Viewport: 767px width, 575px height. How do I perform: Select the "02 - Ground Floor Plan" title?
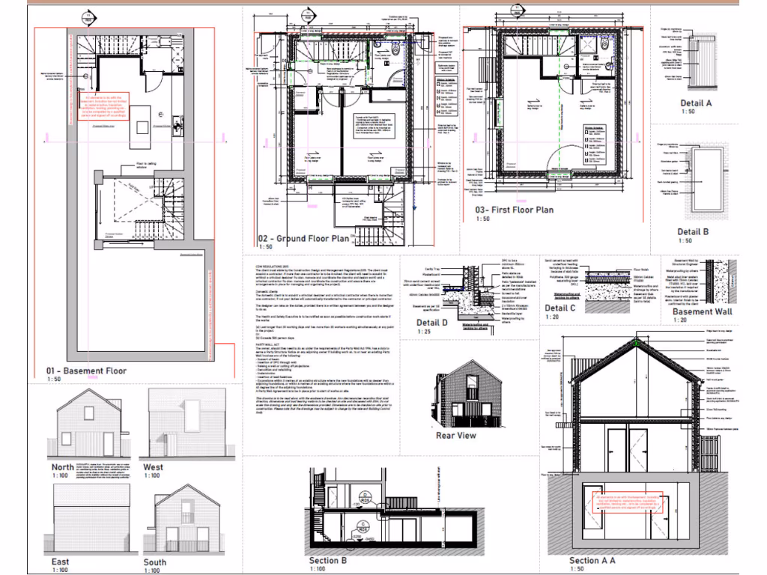coord(303,239)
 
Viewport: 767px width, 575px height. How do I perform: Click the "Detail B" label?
coord(693,232)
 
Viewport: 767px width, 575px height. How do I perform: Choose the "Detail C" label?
coord(560,308)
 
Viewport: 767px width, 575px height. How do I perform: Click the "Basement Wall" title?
coord(700,311)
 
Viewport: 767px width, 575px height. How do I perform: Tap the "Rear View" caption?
coord(455,435)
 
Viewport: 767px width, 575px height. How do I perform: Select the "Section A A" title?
coord(592,561)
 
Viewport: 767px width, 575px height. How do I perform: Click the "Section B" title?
coord(328,561)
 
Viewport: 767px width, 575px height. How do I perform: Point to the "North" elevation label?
coord(63,467)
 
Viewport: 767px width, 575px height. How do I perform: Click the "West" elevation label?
coord(153,467)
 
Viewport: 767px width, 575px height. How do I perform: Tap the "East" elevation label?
coord(61,562)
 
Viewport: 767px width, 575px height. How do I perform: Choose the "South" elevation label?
coord(155,562)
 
